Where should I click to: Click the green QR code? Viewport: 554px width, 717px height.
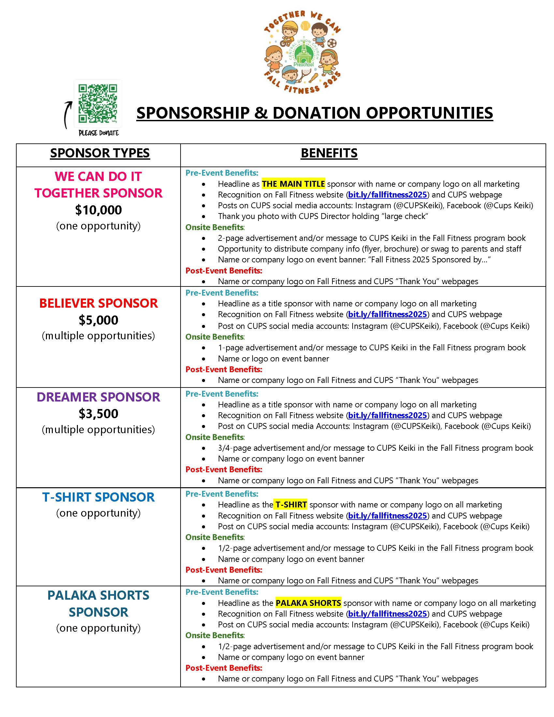coord(98,103)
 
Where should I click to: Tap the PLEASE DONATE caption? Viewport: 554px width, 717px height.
coord(99,133)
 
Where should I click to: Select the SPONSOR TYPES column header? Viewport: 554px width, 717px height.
coord(100,153)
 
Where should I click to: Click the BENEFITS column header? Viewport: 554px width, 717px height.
coord(329,153)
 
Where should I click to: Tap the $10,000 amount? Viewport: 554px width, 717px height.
coord(98,210)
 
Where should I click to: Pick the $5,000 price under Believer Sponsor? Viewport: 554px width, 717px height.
coord(98,320)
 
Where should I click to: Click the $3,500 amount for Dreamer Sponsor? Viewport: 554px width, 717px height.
coord(98,414)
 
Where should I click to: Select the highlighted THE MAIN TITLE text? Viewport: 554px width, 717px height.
coord(293,184)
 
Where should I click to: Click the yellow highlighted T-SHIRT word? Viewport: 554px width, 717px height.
coord(291,505)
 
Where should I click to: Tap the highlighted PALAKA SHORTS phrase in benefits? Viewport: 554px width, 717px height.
coord(308,603)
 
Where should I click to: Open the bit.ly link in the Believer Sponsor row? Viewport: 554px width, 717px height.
coord(387,315)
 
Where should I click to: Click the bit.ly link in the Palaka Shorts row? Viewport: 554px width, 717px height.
coord(387,614)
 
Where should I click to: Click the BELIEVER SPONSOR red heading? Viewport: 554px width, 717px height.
coord(98,303)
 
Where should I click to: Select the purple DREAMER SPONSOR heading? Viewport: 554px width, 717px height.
coord(98,397)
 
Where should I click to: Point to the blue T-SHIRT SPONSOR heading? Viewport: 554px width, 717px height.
coord(98,497)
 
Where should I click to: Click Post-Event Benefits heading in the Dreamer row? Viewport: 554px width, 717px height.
coord(224,469)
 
